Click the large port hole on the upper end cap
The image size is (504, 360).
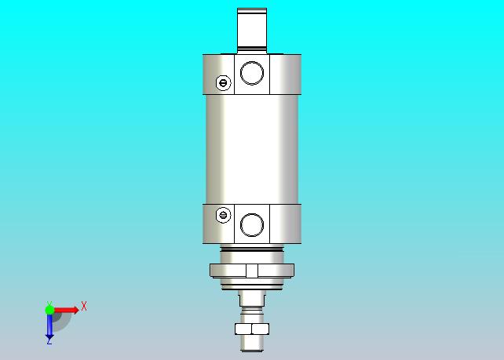point(252,73)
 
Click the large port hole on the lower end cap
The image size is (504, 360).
point(252,225)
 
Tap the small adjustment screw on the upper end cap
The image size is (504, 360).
point(224,83)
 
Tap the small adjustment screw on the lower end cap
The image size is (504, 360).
point(224,215)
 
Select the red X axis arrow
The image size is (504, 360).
point(66,310)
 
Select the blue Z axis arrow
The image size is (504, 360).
point(49,327)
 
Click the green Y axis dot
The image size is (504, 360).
point(49,310)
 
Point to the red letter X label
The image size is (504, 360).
point(84,306)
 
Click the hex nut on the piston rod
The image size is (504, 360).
point(252,329)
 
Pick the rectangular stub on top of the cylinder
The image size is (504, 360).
point(252,31)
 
